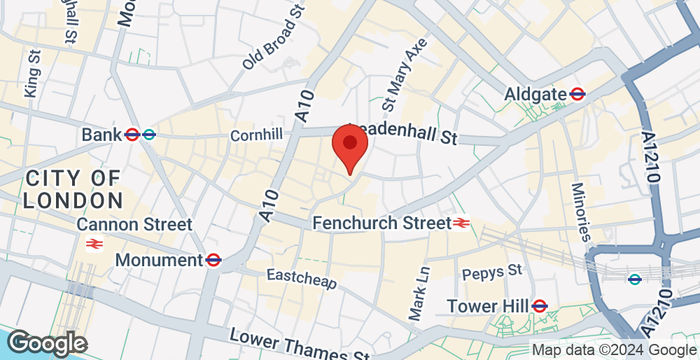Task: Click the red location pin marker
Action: [349, 145]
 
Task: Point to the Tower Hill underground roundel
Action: [540, 305]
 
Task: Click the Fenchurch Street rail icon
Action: [462, 223]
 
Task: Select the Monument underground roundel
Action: [213, 259]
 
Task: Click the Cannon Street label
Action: [134, 223]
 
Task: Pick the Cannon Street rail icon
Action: [95, 243]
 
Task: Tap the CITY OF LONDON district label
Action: [73, 188]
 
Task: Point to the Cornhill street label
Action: [257, 133]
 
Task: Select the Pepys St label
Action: [491, 271]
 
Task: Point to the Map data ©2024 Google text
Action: [612, 350]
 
